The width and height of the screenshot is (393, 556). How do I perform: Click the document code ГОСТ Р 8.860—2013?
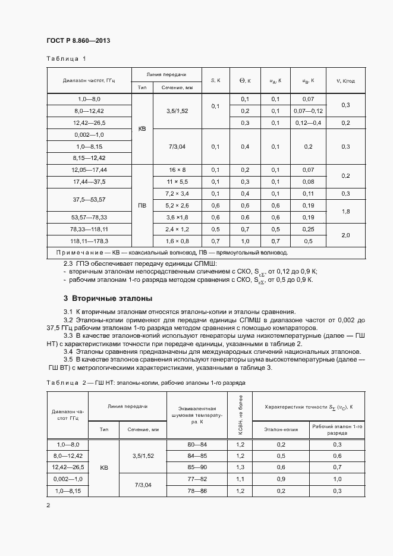tap(78, 40)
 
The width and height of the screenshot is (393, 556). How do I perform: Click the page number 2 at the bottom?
tap(48, 505)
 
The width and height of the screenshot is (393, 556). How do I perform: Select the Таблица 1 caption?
tap(66, 58)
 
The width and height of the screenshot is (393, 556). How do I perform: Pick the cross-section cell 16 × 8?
tap(177, 169)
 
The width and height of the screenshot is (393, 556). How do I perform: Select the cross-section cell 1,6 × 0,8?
tap(177, 241)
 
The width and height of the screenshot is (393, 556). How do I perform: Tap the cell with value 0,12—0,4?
tap(308, 122)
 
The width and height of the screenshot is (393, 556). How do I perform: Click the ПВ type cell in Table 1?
tap(142, 205)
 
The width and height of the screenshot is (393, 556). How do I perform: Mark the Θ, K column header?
tap(245, 80)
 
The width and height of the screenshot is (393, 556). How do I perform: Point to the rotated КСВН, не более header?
tap(240, 416)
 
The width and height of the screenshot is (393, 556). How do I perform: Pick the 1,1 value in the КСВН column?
tap(240, 479)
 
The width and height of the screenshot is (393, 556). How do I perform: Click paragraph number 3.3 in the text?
tap(68, 335)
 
